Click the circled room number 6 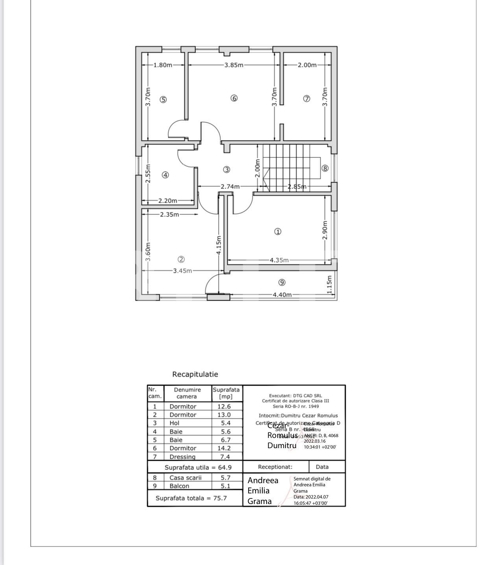point(234,98)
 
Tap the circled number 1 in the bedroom point(278,232)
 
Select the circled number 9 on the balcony point(282,282)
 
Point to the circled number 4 point(166,175)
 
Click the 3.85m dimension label point(234,65)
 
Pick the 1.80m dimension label point(163,65)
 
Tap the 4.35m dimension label point(279,260)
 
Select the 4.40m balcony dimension point(282,295)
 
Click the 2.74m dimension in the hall point(230,186)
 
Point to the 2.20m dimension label point(168,201)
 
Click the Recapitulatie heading point(195,374)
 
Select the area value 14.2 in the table point(224,448)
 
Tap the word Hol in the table point(174,423)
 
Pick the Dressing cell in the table point(182,457)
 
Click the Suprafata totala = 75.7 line point(191,498)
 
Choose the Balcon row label point(179,486)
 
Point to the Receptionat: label point(275,467)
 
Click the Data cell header point(322,467)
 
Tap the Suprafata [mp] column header point(226,393)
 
